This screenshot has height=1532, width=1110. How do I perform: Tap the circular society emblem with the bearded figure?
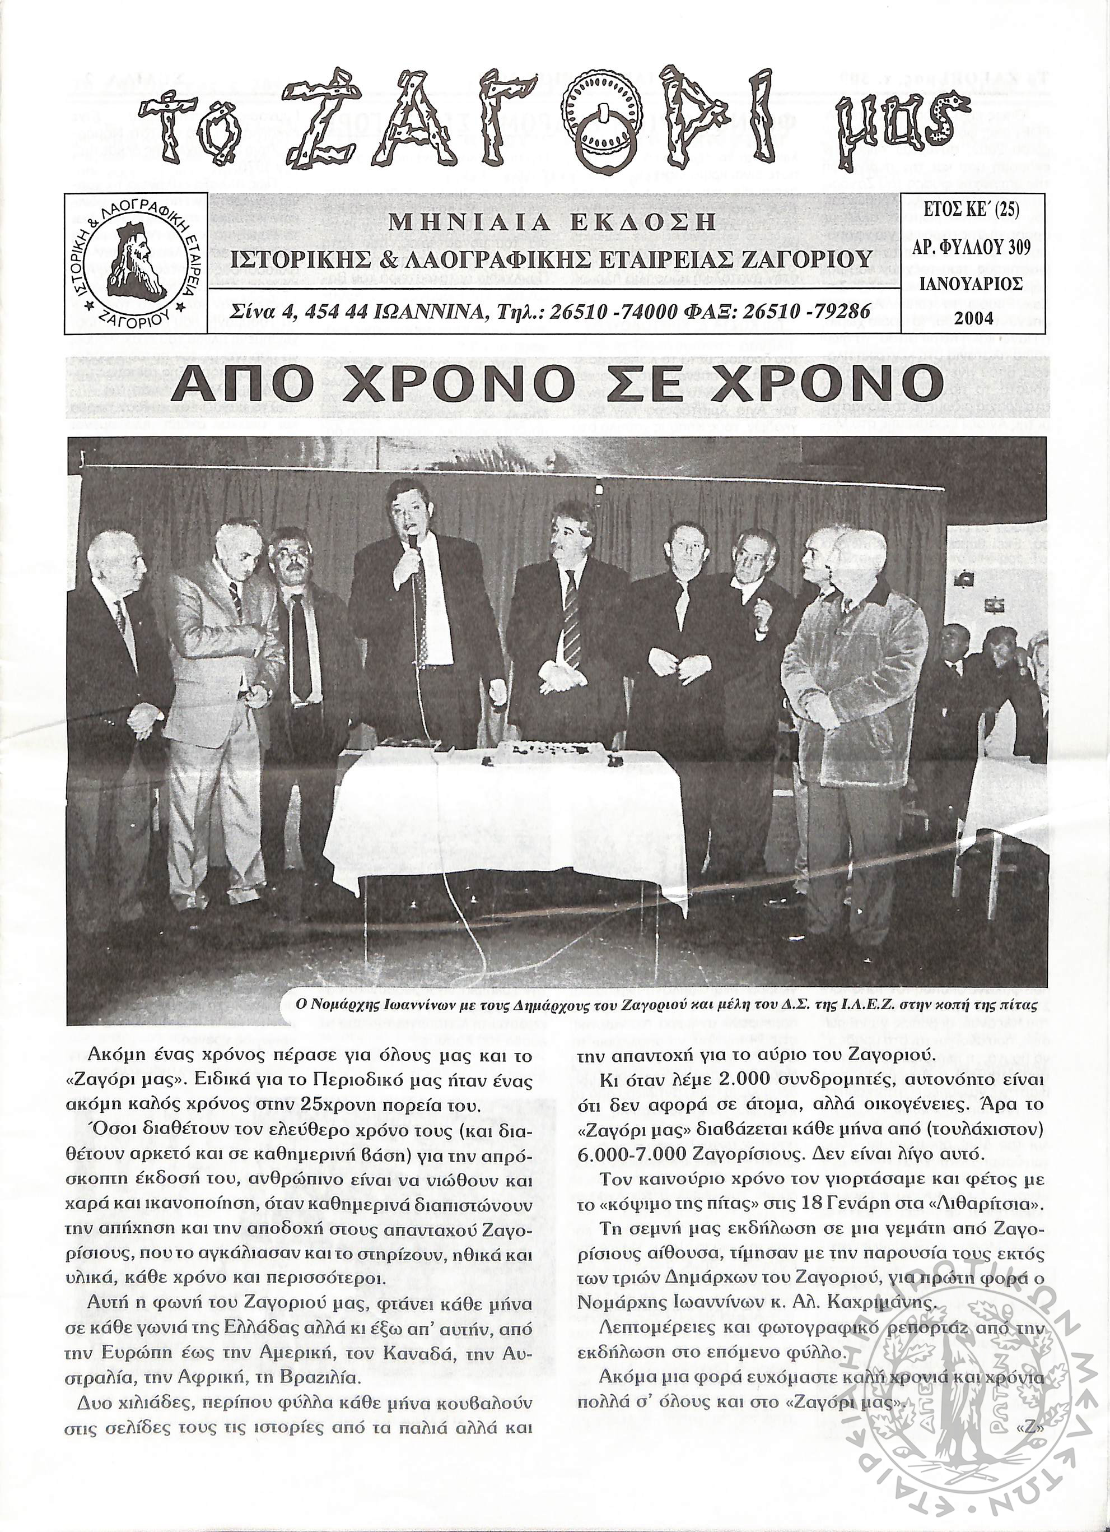coord(135,263)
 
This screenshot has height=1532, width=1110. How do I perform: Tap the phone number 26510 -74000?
coord(608,311)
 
